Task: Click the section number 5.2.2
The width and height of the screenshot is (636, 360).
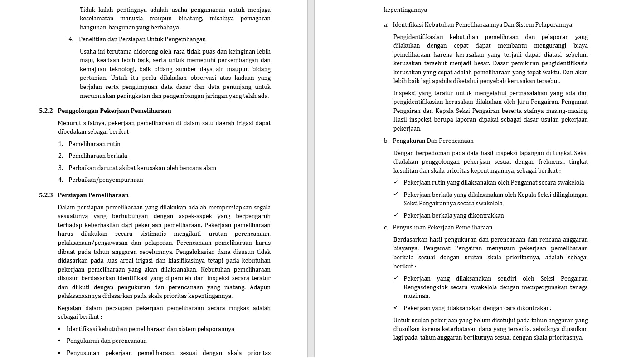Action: click(46, 111)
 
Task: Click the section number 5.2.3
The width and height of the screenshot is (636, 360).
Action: click(46, 195)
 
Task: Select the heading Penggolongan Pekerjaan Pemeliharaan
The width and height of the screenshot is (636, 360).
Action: click(114, 111)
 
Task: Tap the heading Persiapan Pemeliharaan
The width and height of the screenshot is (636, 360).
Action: click(93, 195)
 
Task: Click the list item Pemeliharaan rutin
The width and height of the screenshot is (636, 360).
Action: click(94, 144)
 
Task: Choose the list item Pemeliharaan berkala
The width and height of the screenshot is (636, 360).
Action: click(97, 156)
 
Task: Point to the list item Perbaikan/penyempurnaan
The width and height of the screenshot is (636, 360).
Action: click(106, 180)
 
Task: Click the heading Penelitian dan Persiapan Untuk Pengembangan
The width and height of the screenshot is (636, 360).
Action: click(142, 39)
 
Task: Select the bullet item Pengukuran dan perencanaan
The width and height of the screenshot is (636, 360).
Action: click(107, 341)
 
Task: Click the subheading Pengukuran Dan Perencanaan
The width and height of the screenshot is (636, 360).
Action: click(433, 141)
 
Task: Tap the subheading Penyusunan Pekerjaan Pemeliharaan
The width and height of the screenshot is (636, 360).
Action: click(442, 228)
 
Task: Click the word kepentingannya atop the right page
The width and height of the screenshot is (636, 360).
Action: click(405, 10)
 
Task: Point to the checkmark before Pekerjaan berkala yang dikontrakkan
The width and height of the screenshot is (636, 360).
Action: click(396, 215)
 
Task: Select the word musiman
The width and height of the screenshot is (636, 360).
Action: click(417, 296)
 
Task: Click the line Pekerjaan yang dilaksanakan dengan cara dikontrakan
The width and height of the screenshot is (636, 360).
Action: click(477, 308)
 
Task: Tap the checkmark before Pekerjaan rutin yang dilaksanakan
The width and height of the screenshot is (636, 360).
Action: click(396, 182)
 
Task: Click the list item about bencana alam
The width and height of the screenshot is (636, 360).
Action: click(142, 168)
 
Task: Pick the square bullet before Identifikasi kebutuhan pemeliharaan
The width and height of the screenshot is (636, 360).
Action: click(59, 329)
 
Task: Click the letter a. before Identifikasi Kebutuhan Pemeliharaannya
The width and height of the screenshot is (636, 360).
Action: click(386, 25)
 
